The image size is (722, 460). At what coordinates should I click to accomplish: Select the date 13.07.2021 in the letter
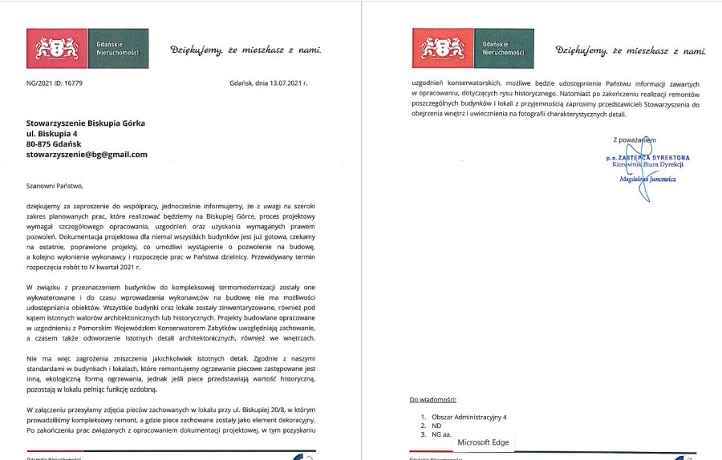[282, 83]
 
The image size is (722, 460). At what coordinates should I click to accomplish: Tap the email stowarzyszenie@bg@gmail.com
[87, 154]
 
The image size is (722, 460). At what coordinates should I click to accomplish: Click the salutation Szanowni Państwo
[55, 185]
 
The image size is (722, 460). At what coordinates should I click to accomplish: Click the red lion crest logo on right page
[442, 48]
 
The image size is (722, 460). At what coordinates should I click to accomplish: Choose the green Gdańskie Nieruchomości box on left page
[118, 48]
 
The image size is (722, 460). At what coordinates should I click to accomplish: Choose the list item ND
[437, 426]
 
